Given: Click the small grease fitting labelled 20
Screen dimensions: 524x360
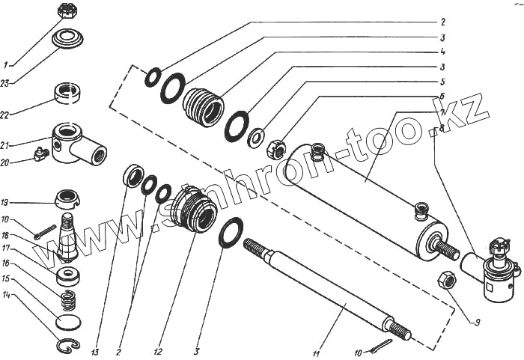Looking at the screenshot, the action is click(x=40, y=154).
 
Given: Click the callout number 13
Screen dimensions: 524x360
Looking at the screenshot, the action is click(x=95, y=332).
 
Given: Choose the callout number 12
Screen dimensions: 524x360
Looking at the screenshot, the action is click(x=157, y=331).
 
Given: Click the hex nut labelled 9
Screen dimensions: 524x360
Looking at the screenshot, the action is click(x=445, y=281).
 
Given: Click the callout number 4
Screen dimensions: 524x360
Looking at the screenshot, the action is click(x=443, y=52).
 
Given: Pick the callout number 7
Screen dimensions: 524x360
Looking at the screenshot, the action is click(x=443, y=112).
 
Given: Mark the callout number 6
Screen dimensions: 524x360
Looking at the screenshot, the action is click(x=443, y=97).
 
